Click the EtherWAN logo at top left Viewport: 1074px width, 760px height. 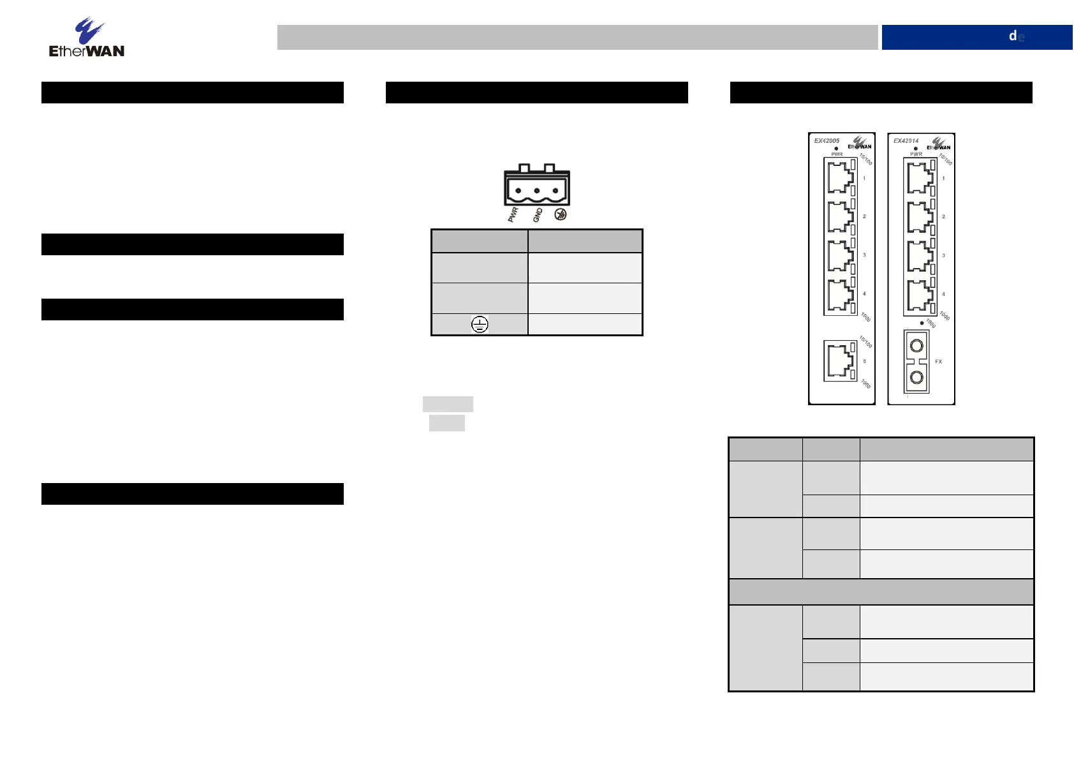point(87,38)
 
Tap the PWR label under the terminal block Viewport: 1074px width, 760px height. point(513,214)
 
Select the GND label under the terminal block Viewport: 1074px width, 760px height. point(538,215)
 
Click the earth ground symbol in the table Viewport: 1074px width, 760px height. point(480,324)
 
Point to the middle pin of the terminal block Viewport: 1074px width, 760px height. point(537,191)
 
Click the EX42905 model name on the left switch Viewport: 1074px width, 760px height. point(827,140)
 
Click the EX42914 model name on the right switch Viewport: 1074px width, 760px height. point(906,140)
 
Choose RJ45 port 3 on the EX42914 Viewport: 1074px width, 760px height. point(920,255)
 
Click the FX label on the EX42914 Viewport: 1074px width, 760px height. point(938,361)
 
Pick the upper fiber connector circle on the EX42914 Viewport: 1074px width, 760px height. point(916,346)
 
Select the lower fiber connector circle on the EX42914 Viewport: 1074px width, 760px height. point(916,377)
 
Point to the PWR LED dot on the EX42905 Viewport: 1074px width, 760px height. point(836,149)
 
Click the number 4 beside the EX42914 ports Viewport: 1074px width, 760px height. point(944,294)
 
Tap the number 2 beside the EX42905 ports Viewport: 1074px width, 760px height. point(864,216)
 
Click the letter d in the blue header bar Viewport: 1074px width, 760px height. point(1012,36)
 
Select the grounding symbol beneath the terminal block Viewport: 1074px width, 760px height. point(561,214)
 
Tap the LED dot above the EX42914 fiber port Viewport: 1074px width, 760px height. point(922,323)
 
